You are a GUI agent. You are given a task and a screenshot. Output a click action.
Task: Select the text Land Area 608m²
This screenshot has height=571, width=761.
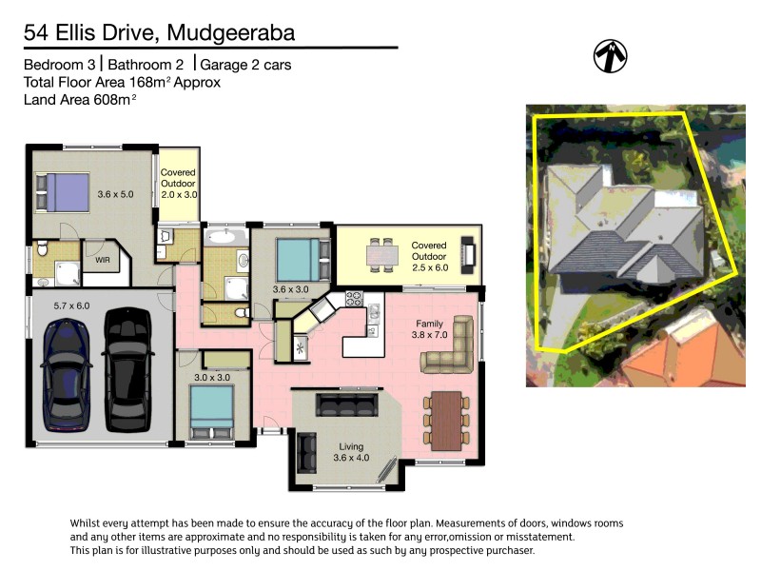coord(80,99)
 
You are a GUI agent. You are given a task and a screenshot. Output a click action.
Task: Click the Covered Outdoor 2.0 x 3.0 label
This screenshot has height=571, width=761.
coord(178,183)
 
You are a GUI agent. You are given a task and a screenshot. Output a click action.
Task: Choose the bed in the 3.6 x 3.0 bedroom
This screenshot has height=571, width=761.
coord(301,256)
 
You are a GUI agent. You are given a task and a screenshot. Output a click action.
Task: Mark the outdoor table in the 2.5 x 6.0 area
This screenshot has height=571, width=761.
coord(382,254)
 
